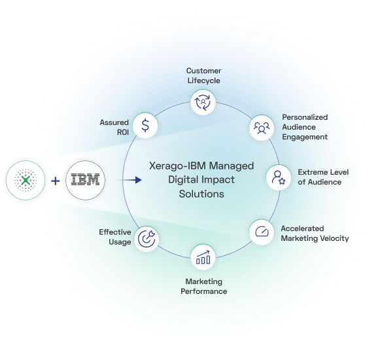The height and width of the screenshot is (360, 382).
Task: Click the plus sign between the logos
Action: coord(56,179)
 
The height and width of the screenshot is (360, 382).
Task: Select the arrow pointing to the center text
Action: coord(133,179)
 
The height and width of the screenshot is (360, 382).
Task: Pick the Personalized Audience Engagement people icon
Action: coord(262,126)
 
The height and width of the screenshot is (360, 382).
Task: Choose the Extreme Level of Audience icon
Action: coord(279,177)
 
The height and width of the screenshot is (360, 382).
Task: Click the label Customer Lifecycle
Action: coord(203,75)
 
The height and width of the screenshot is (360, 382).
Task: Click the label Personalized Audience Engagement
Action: coord(304,127)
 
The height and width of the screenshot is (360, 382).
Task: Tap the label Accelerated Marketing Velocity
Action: coord(315,233)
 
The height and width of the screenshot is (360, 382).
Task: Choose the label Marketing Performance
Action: coord(203,286)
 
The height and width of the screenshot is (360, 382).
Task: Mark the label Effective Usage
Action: coord(115,236)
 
